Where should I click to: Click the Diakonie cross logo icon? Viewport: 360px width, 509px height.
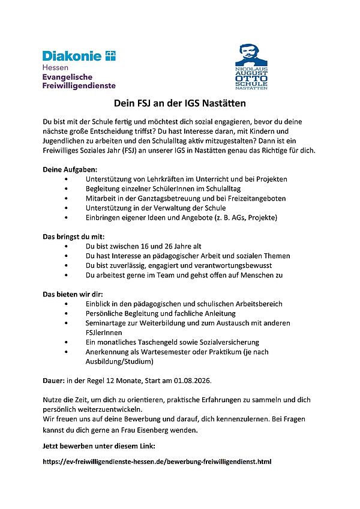click(110, 56)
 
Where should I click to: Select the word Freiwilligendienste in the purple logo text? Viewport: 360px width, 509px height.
click(79, 86)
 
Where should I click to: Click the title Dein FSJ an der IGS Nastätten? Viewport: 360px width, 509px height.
click(180, 103)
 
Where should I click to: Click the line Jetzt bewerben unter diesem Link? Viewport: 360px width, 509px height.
click(99, 447)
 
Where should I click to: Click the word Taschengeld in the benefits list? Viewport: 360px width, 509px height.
click(155, 342)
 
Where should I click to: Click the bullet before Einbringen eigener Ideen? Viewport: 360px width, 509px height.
click(65, 217)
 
